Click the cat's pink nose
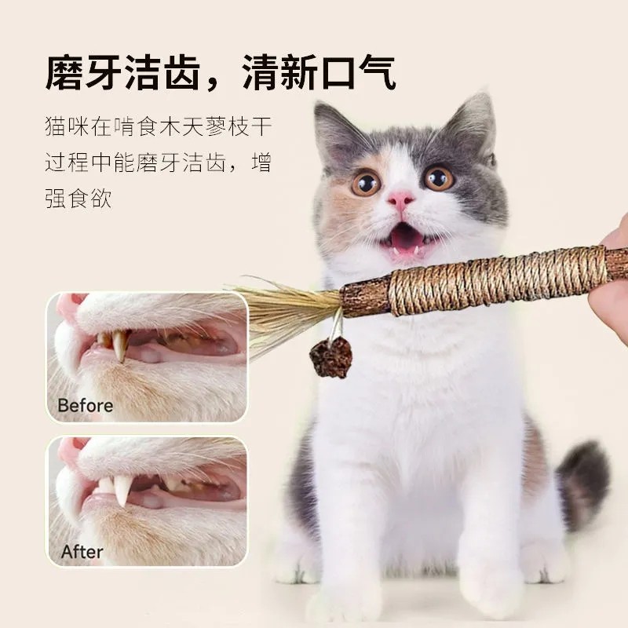[400, 199]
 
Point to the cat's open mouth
[405, 236]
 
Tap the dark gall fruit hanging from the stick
[330, 358]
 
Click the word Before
[86, 406]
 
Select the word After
[82, 552]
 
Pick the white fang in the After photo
[122, 488]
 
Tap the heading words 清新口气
[319, 73]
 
